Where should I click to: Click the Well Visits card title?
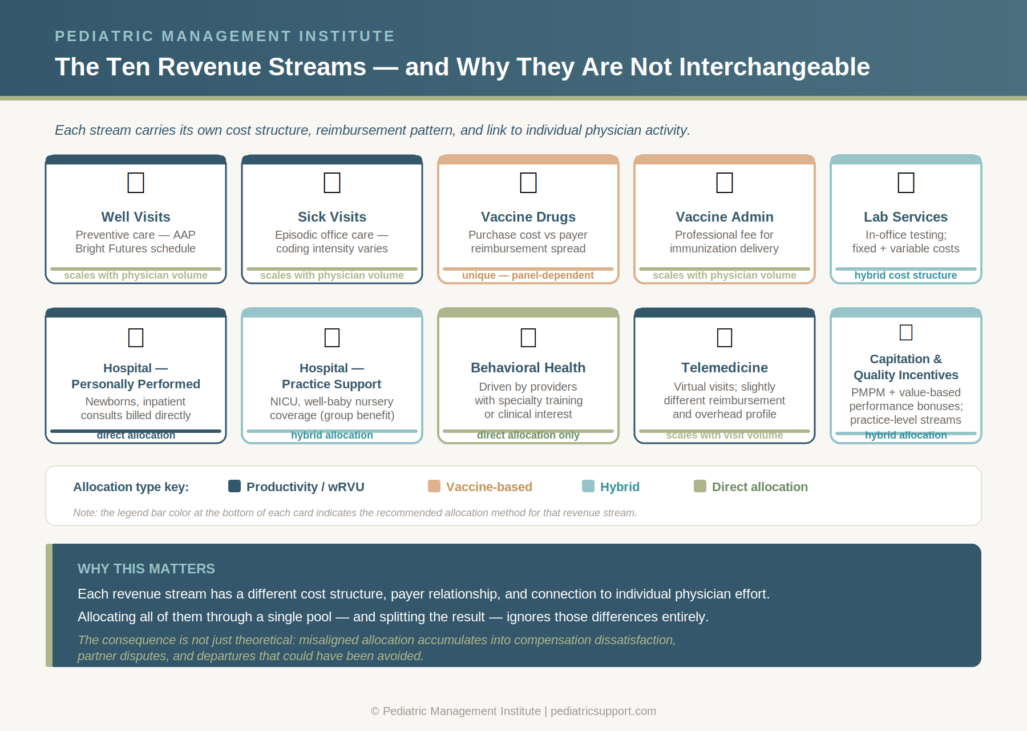136,217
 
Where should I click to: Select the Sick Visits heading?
332,217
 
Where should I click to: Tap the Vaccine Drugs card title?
528,217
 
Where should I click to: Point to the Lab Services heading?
905,217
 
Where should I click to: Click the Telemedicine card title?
725,368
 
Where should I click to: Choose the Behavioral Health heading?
528,368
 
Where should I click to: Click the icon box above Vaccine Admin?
725,183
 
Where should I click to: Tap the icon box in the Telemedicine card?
725,338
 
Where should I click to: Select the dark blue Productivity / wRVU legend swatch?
234,486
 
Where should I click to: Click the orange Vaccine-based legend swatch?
434,486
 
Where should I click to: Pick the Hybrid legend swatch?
588,486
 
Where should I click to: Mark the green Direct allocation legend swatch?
700,486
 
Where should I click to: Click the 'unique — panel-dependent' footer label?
528,275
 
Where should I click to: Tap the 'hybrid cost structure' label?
905,275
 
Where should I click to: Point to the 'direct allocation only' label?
528,435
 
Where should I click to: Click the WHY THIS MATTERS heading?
146,569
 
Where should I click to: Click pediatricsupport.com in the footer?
603,711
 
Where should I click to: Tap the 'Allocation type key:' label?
131,487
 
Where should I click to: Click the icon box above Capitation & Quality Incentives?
906,332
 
